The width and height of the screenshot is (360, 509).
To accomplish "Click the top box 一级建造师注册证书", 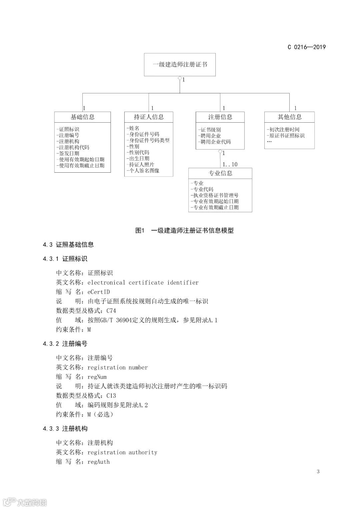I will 180,64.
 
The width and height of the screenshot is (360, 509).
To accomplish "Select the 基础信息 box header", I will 82,117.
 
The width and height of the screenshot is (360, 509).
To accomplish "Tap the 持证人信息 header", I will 149,117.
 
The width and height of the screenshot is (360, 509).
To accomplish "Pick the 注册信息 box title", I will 220,117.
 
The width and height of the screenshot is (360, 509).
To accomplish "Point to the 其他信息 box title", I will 289,117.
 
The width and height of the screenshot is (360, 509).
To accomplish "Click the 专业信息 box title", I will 220,173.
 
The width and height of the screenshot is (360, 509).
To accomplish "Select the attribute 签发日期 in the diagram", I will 69,153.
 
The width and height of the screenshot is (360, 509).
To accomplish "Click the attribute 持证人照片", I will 141,164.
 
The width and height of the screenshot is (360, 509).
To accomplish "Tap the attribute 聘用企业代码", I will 215,142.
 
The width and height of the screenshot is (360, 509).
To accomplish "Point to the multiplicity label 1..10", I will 230,164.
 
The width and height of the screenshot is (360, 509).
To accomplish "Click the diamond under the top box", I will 180,79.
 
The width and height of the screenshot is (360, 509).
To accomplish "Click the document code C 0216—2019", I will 306,47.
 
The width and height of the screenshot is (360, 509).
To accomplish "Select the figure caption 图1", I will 139,230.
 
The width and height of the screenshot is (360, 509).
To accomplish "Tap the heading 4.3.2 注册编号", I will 65,344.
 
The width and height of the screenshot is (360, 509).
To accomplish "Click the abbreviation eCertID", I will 99,292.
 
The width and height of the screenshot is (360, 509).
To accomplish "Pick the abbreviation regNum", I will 97,377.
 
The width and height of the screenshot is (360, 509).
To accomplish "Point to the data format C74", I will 111,311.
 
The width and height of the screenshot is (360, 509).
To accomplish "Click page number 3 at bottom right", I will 318,471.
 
